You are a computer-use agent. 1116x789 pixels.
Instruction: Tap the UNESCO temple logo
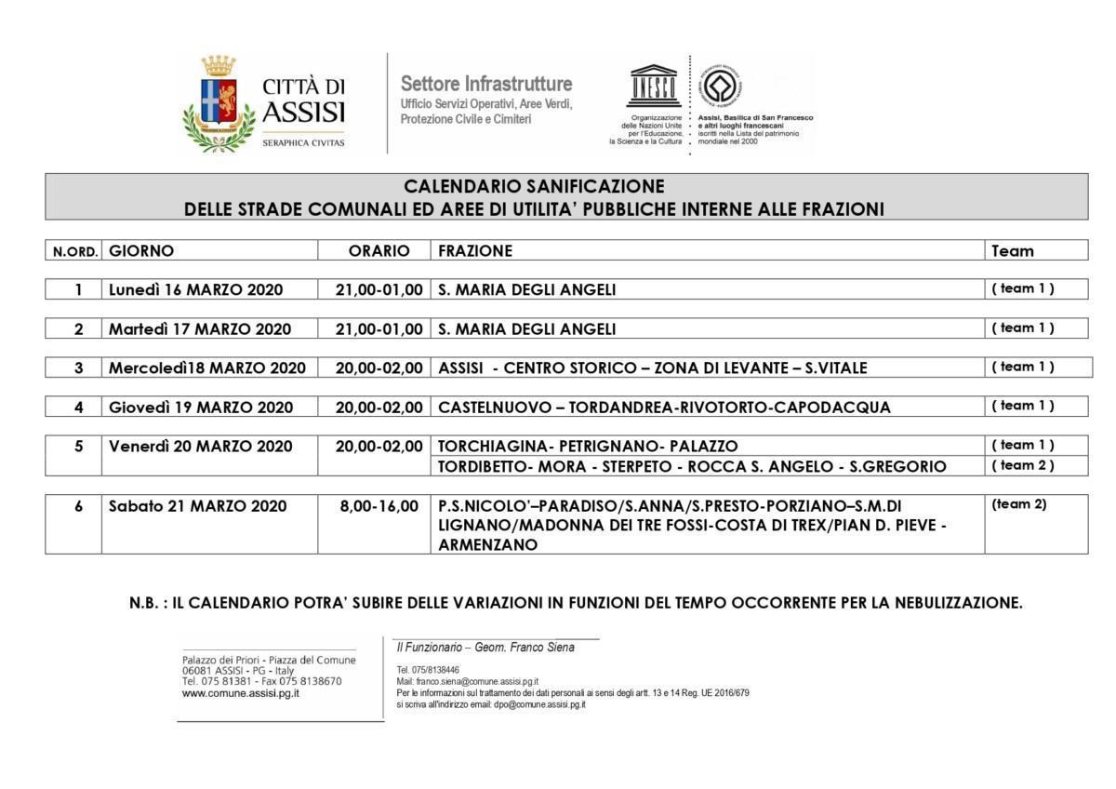(x=653, y=88)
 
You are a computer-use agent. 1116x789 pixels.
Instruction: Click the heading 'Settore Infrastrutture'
(x=486, y=84)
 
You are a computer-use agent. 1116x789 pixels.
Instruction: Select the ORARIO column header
(x=379, y=250)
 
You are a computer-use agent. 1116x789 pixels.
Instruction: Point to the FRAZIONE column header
(x=475, y=250)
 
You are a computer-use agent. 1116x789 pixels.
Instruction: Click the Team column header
(x=1013, y=250)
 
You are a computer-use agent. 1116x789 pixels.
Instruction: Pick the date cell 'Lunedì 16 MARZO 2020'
(x=196, y=289)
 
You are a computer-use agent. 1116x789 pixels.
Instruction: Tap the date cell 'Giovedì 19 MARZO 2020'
(x=201, y=407)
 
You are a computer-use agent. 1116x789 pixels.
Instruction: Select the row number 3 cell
(x=79, y=368)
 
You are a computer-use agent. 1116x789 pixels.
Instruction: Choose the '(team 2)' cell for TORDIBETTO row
(x=1023, y=465)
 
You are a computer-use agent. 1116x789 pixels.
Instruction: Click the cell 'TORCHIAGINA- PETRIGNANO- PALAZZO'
(x=589, y=446)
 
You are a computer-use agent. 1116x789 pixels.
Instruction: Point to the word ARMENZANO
(x=488, y=545)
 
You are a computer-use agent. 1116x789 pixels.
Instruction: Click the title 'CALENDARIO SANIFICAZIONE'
(x=534, y=186)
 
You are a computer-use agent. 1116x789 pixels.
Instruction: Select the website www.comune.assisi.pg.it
(x=241, y=693)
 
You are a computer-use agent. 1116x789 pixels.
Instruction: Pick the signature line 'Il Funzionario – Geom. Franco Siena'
(x=485, y=648)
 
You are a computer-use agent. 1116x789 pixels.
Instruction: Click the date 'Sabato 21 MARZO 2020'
(x=198, y=506)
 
